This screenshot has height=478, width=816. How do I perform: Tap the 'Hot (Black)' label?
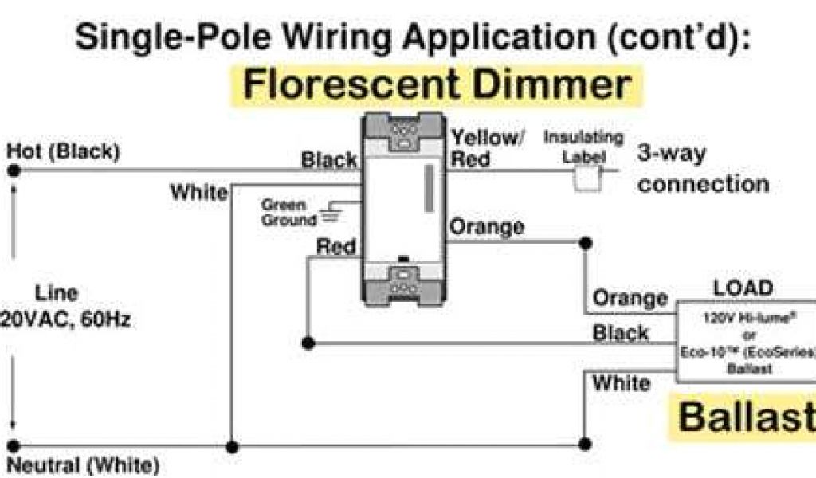click(x=63, y=151)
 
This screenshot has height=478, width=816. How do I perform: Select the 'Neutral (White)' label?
click(x=83, y=464)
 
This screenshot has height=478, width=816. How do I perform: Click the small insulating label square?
click(x=587, y=179)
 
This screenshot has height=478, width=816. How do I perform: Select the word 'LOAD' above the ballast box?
click(x=742, y=288)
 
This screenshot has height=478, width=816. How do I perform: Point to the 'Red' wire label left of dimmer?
click(x=335, y=247)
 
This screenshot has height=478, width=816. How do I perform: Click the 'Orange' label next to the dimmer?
click(x=487, y=227)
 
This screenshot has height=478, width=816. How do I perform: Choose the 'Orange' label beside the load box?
click(x=630, y=299)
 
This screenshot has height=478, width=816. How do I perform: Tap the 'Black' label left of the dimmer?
click(x=329, y=160)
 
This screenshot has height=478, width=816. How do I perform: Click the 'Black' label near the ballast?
click(x=620, y=333)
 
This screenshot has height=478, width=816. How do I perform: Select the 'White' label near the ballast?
click(x=621, y=383)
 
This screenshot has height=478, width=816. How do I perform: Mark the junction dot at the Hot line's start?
click(x=13, y=170)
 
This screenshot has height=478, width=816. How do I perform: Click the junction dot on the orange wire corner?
click(x=586, y=241)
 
